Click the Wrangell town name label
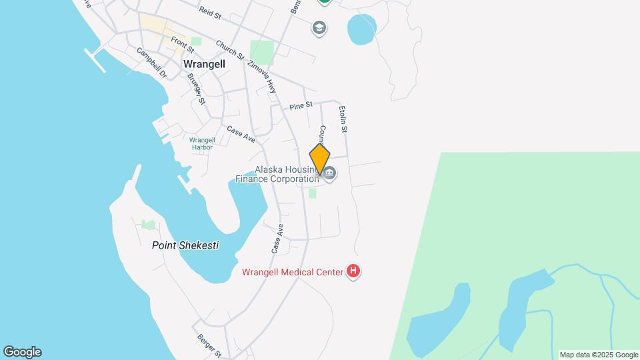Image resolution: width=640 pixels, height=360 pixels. point(204,64)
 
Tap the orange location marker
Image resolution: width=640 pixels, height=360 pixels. point(320,160)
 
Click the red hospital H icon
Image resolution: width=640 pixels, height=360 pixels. point(354,271)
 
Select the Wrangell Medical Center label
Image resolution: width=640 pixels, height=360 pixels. point(292,272)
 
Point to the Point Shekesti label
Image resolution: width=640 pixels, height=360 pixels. point(185,245)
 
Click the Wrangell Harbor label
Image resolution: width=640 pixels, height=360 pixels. point(202,143)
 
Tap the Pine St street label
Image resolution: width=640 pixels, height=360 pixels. point(301,105)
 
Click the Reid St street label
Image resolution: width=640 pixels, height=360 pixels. point(209,11)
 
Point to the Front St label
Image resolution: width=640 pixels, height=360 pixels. point(182,45)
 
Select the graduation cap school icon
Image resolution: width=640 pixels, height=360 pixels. point(319,28)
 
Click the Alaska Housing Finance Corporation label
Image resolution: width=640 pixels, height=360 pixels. point(277,174)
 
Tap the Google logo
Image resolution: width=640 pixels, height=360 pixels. point(22,352)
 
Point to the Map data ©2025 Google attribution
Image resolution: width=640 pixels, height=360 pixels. point(599,355)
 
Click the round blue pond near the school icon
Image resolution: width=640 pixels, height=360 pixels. point(361,29)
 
